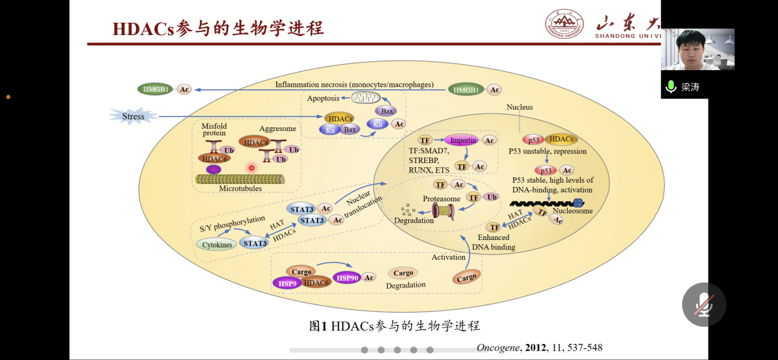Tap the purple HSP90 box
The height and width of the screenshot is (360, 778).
tap(347, 278)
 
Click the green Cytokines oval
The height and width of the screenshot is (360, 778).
tap(218, 245)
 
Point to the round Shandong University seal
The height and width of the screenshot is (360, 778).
tap(564, 24)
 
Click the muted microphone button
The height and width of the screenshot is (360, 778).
tap(704, 304)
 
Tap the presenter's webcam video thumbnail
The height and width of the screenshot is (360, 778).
tap(697, 49)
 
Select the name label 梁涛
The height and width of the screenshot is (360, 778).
tap(691, 87)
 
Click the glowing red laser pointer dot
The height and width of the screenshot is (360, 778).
tap(252, 167)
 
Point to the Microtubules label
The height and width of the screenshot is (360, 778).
tap(240, 189)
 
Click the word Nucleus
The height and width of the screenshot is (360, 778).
tap(520, 107)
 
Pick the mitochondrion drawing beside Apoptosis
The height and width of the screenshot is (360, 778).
tap(370, 97)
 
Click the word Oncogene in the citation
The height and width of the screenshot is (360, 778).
tap(498, 348)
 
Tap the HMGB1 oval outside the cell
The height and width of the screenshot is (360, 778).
tap(156, 89)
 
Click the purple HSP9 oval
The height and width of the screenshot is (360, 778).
tap(288, 283)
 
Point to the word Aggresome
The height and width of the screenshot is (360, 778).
tap(277, 129)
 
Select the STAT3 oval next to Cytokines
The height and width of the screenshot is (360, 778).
tap(255, 244)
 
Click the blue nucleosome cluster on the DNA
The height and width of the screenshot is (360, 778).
tap(578, 203)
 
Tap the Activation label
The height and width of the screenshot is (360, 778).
tap(448, 257)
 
